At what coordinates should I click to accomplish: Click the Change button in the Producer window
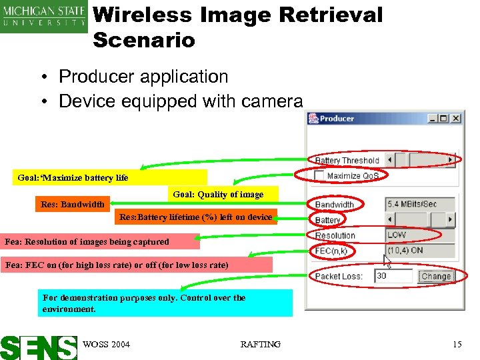437,276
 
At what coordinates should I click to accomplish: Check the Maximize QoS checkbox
320,175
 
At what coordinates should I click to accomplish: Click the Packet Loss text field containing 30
393,276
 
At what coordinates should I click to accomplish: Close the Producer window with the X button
456,119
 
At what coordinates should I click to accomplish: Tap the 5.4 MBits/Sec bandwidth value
421,204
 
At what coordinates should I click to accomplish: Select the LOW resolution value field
421,235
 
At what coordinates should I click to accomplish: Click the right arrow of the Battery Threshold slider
451,160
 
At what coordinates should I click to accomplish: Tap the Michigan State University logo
44,17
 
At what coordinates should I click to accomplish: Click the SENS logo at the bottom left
39,346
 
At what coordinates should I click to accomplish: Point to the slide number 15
457,344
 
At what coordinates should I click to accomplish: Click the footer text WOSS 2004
107,344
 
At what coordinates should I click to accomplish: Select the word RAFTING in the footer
260,344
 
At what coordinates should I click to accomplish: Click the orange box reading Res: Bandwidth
72,204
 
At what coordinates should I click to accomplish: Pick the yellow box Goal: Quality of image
218,194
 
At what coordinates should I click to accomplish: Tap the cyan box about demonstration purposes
165,303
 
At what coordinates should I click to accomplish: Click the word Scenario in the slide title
144,40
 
